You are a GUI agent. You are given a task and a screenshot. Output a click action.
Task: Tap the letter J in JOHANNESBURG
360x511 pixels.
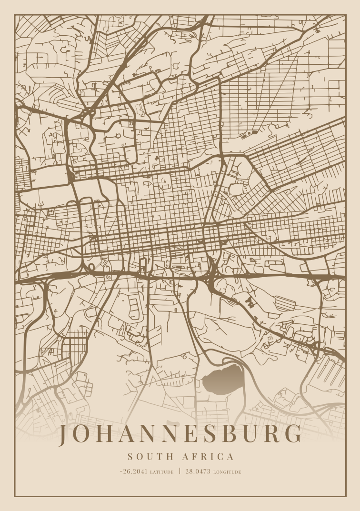point(64,435)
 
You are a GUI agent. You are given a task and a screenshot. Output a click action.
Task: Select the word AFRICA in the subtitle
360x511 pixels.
point(208,457)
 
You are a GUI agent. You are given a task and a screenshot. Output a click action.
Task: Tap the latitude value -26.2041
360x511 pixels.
point(134,471)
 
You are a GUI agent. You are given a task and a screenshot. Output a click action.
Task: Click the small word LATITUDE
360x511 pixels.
point(162,472)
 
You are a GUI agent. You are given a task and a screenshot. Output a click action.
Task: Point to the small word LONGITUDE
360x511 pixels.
point(227,472)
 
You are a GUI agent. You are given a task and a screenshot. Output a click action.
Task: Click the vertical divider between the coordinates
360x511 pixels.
point(180,471)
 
